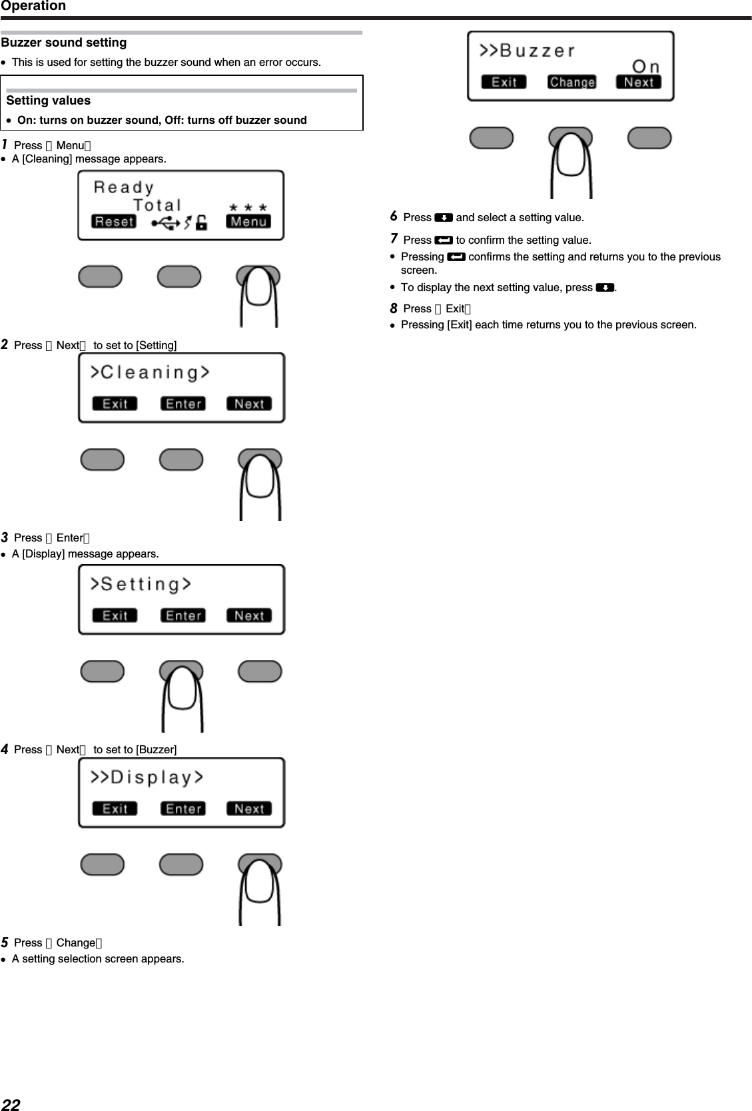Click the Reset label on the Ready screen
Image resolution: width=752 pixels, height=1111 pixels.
(113, 222)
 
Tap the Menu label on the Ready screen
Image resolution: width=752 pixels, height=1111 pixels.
(248, 222)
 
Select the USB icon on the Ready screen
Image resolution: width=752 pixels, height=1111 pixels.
(166, 223)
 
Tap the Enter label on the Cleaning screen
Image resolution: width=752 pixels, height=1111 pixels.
(183, 404)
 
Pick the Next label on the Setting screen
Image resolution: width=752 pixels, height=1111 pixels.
(249, 615)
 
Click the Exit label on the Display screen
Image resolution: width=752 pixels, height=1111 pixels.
(115, 809)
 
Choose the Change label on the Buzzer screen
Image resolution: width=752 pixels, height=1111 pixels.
(571, 82)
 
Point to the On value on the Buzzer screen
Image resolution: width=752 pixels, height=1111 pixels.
(645, 66)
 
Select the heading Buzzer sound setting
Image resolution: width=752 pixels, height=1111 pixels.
(64, 43)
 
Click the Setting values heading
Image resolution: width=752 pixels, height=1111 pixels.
(49, 101)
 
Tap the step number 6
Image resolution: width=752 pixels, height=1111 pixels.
(394, 216)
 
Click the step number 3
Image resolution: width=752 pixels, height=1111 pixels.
(5, 537)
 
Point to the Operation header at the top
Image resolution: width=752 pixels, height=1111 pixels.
(33, 6)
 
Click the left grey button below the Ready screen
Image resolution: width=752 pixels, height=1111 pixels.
(100, 276)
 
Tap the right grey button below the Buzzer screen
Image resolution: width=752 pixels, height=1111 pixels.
(649, 138)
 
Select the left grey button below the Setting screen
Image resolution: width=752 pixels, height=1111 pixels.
(102, 671)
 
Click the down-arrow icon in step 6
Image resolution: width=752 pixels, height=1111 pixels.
(444, 218)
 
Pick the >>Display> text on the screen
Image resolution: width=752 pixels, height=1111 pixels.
(147, 777)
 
